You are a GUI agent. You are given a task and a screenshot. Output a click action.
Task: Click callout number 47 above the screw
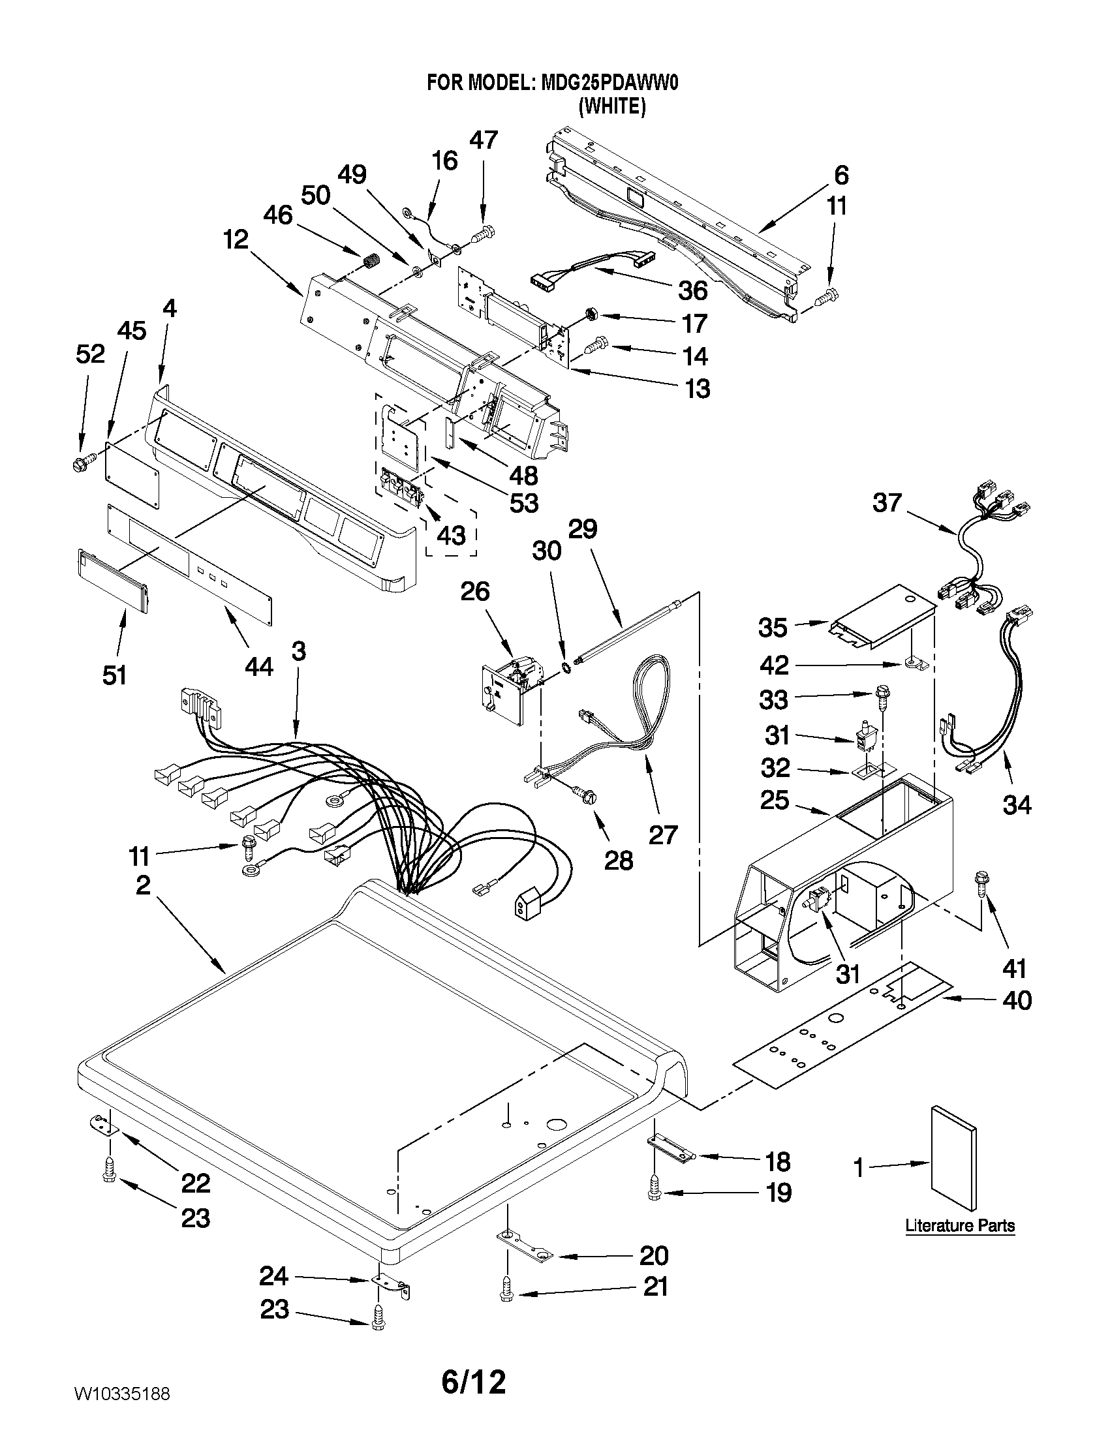[x=484, y=140]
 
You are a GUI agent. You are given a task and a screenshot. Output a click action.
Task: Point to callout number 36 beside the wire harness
[x=692, y=290]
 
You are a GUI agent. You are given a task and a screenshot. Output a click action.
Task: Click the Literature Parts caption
[x=959, y=1225]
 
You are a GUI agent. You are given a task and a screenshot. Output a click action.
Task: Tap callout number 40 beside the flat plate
[x=1017, y=1001]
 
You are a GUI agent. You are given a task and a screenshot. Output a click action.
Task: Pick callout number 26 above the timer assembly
[x=475, y=592]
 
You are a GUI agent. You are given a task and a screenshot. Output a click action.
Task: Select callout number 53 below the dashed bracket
[x=523, y=503]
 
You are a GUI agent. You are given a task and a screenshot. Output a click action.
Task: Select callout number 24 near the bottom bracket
[x=273, y=1276]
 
